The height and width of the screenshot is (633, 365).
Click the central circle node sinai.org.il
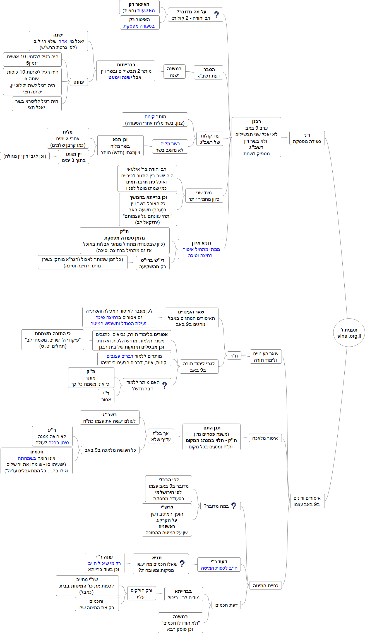coord(349,333)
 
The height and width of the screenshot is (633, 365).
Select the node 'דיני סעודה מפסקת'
coord(307,138)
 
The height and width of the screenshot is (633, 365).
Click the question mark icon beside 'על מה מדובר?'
coord(217,15)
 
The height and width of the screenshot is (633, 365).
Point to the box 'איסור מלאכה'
coord(265,438)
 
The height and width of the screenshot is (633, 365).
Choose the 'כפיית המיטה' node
coord(265,586)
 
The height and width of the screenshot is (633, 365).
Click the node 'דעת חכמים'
coord(226,605)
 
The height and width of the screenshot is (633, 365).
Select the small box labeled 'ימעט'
coord(79,82)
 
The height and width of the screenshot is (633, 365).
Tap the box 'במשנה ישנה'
coord(174,72)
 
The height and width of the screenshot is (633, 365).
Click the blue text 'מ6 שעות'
coord(146,11)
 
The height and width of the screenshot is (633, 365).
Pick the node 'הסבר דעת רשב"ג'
coord(208,73)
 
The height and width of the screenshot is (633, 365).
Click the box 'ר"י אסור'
coord(106,396)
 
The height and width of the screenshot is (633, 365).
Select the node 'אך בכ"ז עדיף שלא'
coord(161,436)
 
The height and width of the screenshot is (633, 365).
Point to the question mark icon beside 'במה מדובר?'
coord(234,506)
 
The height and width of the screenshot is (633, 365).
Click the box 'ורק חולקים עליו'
coord(141,593)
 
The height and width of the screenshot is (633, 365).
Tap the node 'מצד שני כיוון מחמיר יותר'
coord(204,196)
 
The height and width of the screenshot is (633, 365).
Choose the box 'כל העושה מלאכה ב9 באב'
coord(110,450)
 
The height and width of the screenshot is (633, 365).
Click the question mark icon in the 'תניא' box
coord(182,564)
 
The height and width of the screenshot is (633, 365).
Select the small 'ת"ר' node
coord(234,356)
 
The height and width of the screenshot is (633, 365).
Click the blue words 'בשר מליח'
coord(170,144)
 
